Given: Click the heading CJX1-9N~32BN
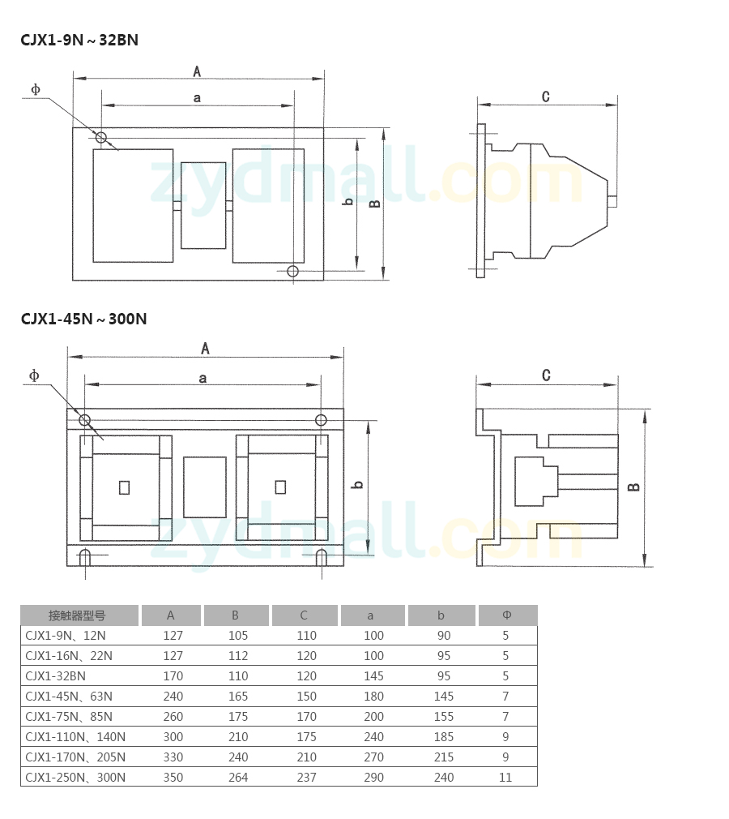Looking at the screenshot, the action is point(79,41).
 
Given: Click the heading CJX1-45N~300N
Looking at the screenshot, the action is point(83,319).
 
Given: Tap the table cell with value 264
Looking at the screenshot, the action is point(238,777).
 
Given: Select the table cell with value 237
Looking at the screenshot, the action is point(306,777).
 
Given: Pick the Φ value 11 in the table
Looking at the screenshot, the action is point(505,777).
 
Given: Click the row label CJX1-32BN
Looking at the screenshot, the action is point(55,676).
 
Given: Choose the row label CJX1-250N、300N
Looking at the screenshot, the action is point(75,777).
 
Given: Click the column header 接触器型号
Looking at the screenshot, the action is point(77,615).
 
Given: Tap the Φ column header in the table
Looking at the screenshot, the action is point(507,615).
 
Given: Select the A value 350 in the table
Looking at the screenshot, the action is point(173,777).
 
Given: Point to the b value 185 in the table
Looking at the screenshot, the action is point(444,736).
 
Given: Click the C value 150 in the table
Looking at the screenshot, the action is point(306,697).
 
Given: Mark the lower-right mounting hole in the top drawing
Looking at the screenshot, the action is point(292,271).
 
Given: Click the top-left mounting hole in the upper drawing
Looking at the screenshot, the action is point(100,137).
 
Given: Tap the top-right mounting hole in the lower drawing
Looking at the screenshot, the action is point(321,420).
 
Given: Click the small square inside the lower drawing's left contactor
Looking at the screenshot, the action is point(124,487).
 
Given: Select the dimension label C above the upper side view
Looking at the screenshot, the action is point(546,96).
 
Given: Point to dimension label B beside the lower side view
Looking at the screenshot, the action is point(633,487).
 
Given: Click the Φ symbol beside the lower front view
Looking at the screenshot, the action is point(34,375).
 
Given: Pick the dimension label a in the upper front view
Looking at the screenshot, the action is point(197,97).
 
